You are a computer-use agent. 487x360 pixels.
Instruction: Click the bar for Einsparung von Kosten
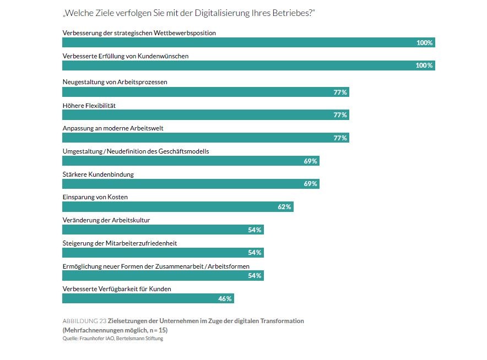pos(177,207)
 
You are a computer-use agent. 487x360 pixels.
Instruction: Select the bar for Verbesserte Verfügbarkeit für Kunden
pos(148,298)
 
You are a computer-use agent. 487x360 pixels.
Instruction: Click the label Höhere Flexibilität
pos(89,105)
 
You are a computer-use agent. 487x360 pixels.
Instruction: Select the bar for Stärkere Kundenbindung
pos(191,184)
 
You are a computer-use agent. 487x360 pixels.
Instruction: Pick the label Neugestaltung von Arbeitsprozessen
pos(115,82)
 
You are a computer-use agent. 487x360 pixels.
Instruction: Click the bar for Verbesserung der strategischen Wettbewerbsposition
pos(248,43)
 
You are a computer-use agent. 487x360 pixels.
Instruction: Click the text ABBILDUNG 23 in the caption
pos(84,321)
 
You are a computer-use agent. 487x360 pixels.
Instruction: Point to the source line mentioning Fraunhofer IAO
pos(112,339)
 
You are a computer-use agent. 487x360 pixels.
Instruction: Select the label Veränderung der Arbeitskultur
pos(106,220)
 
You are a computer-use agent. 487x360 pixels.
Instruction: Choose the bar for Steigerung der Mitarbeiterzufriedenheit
pos(163,253)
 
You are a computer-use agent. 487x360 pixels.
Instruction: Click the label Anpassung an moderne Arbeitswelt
pos(113,128)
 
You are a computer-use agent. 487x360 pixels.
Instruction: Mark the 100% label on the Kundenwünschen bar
pos(424,66)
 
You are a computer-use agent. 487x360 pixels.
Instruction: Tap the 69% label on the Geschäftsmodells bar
pos(310,161)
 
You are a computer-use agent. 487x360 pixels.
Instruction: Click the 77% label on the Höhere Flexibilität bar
pos(340,115)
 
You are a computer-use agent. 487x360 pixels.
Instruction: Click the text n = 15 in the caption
pos(155,330)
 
